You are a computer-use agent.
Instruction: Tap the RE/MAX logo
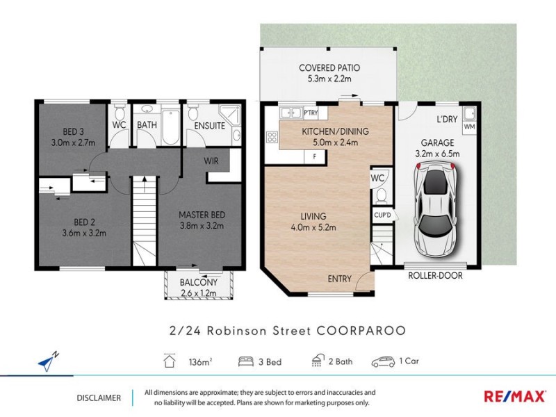click(514, 396)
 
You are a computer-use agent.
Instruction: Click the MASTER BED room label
click(201, 214)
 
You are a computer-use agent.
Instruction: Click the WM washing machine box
click(470, 128)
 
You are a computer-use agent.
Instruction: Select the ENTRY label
click(340, 279)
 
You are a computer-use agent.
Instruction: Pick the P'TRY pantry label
click(311, 113)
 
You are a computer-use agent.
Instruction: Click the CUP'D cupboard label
click(382, 215)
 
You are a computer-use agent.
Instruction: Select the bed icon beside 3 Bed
click(245, 361)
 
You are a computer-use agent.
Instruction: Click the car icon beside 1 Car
click(382, 361)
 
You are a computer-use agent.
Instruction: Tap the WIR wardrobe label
click(212, 160)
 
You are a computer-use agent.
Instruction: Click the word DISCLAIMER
click(98, 398)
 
